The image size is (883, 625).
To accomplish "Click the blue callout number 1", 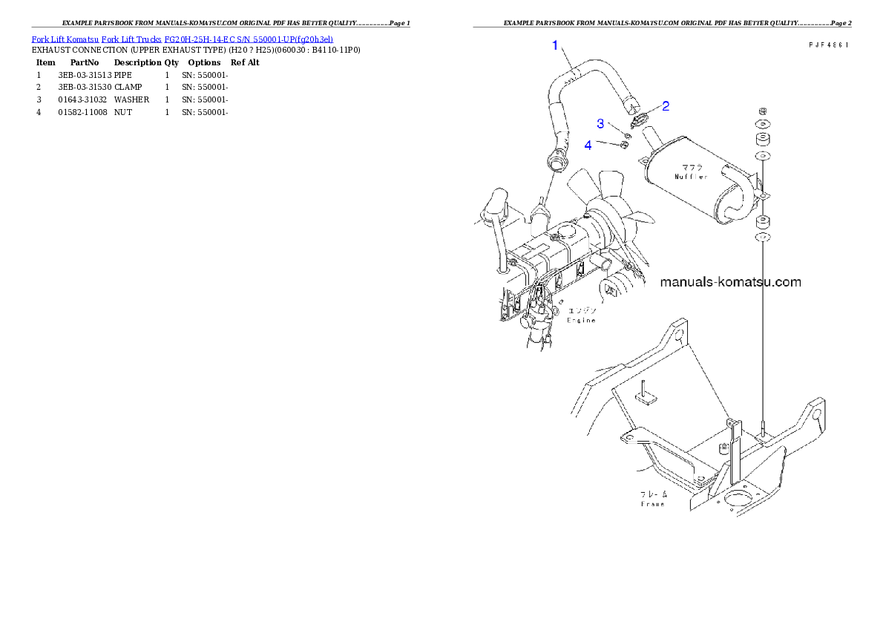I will [554, 46].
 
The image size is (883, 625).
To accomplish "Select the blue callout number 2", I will [666, 106].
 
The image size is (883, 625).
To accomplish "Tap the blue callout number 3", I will [600, 122].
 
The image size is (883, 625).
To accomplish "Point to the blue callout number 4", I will [588, 145].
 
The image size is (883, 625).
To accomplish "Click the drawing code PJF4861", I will [828, 45].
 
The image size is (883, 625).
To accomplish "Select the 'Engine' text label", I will [582, 321].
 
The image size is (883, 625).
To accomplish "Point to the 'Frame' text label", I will [653, 504].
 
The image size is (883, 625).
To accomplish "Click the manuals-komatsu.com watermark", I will [730, 282].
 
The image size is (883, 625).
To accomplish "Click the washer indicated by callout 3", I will [628, 135].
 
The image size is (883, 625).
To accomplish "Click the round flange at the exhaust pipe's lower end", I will [556, 158].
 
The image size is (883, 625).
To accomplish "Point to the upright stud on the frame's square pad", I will [644, 387].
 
